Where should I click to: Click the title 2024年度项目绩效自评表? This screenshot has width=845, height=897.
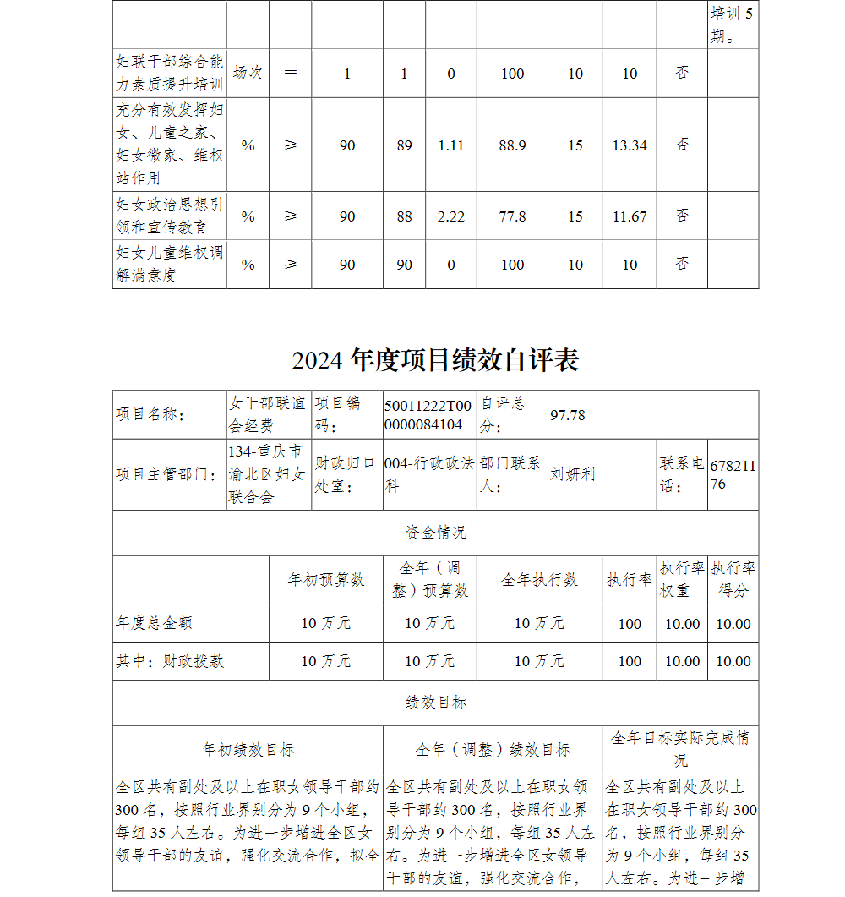(435, 361)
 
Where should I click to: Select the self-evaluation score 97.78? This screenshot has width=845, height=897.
(568, 415)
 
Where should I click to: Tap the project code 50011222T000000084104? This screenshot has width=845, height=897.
(428, 415)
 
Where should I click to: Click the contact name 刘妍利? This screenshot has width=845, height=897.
(572, 474)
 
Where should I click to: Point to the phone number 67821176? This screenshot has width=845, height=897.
(733, 475)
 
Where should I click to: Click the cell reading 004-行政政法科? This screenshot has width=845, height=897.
(428, 475)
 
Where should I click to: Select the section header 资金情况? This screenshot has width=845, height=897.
(435, 533)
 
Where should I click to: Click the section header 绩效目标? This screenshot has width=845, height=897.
(435, 703)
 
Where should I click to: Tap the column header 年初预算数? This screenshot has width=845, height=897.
(325, 580)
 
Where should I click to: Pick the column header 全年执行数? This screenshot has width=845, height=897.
(539, 580)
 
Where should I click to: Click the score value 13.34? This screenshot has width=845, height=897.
(630, 145)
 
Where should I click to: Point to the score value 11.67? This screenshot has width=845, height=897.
(630, 216)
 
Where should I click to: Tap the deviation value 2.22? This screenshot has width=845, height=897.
(451, 216)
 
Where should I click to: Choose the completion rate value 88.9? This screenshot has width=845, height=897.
(512, 145)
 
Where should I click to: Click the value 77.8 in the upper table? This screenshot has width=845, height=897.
(512, 216)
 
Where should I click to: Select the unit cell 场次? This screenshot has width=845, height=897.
(248, 74)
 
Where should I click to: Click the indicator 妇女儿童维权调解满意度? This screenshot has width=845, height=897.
(169, 264)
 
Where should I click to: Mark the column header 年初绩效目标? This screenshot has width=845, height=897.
(248, 750)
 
